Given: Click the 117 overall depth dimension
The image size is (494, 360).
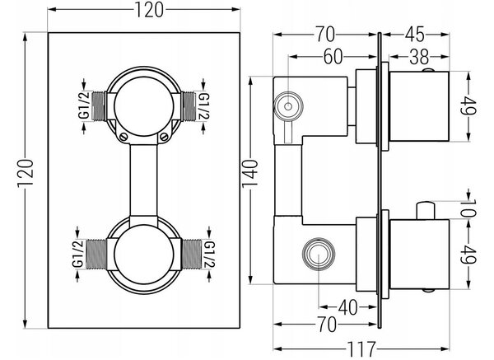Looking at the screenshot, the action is pos(361,349).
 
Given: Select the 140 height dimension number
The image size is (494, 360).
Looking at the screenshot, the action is pos(250,174).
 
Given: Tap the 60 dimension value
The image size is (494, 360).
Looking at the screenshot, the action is pos(333,57).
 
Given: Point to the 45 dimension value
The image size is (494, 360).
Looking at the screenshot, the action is pos(415,34).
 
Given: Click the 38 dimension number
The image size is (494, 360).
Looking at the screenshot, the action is pos(419,57).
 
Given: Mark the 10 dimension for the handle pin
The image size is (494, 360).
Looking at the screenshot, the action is pos(468,208).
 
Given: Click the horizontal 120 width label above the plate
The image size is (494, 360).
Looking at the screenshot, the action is pos(149,10).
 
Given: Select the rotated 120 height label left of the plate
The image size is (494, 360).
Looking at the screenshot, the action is pos(26,174).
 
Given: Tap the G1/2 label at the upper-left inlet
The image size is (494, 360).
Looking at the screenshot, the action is pos(84,105).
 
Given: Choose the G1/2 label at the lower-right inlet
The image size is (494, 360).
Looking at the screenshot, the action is pos(209,254).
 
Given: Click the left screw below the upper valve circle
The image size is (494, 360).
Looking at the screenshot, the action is pos(123,137).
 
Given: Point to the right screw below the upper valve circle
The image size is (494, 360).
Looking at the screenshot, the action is pos(164,137).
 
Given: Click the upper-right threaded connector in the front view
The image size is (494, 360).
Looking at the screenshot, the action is pos(189,106).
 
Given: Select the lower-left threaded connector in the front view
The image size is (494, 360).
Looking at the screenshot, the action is pos(96,255).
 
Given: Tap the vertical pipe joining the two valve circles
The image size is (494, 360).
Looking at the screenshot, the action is pos(143,180).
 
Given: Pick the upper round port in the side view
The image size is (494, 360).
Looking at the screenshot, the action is pos(288,106).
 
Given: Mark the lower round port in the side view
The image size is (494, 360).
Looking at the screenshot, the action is pos(318,254).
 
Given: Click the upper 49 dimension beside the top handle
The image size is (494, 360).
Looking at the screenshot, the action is pos(468,105).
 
